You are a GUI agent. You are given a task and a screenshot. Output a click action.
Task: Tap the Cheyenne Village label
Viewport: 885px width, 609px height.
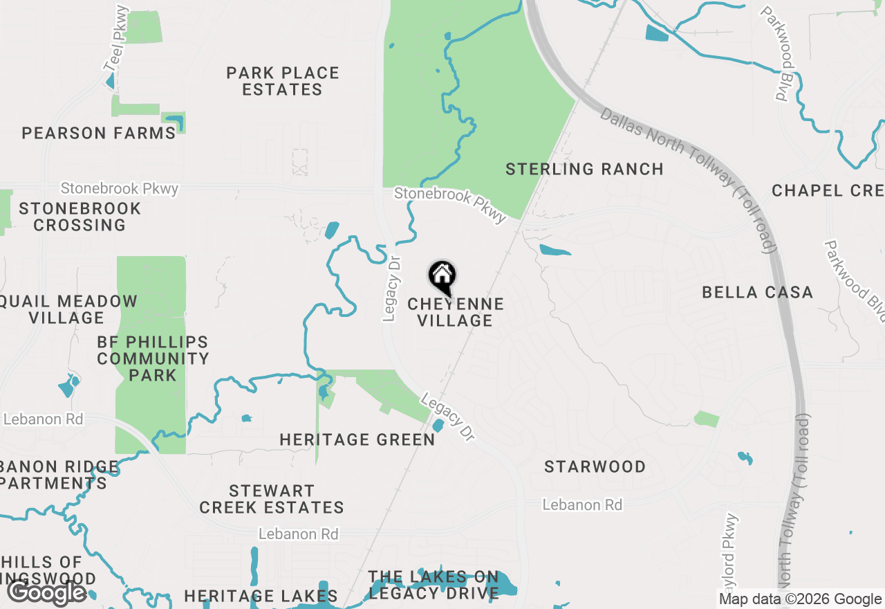pyautogui.click(x=455, y=312)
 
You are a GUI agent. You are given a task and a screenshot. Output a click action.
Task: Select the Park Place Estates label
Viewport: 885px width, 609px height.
pyautogui.click(x=283, y=81)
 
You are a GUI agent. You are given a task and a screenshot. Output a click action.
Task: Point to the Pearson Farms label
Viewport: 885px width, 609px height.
pyautogui.click(x=99, y=133)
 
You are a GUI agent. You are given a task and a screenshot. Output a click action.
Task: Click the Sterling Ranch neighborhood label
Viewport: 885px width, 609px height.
pyautogui.click(x=584, y=169)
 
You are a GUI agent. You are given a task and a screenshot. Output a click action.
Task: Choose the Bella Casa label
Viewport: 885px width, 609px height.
pyautogui.click(x=757, y=292)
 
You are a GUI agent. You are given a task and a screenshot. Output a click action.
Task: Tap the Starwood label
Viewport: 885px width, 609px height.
pyautogui.click(x=595, y=466)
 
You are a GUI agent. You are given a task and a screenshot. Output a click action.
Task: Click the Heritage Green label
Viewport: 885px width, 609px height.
pyautogui.click(x=357, y=439)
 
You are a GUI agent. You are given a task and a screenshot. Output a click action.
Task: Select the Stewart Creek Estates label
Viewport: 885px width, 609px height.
pyautogui.click(x=272, y=499)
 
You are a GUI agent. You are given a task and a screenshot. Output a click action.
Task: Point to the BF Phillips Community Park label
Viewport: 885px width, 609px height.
pyautogui.click(x=153, y=358)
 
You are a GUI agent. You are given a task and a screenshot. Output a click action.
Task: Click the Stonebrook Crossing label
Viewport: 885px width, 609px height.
pyautogui.click(x=80, y=217)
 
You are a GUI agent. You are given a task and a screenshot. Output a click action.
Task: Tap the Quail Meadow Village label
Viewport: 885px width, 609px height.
pyautogui.click(x=68, y=309)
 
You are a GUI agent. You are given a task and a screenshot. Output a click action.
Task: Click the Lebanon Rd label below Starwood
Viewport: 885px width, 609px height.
pyautogui.click(x=581, y=505)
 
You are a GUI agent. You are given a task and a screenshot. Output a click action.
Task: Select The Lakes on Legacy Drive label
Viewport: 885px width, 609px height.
pyautogui.click(x=434, y=585)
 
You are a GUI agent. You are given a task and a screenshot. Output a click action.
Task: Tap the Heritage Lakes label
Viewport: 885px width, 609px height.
pyautogui.click(x=261, y=596)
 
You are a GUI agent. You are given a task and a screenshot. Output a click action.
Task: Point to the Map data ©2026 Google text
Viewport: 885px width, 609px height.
pyautogui.click(x=800, y=599)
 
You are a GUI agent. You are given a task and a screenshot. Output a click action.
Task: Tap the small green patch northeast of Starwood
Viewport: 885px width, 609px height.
pyautogui.click(x=707, y=419)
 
